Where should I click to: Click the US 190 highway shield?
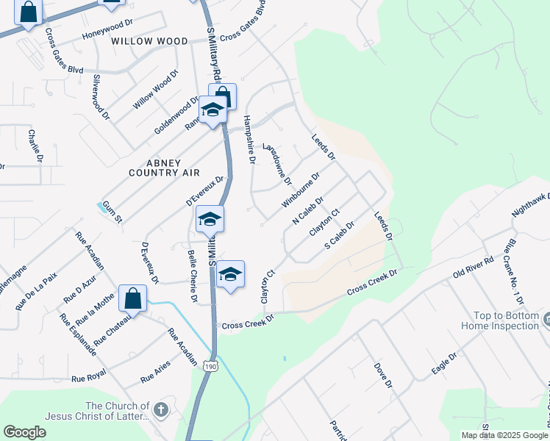tap(211, 366)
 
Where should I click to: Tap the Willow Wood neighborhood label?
tap(150, 41)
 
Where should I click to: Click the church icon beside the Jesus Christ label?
tap(161, 409)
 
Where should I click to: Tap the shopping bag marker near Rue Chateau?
tap(133, 298)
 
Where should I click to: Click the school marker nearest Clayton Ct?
tap(231, 273)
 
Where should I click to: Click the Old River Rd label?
tap(473, 268)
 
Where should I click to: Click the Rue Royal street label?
tap(89, 379)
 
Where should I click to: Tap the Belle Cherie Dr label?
tap(193, 276)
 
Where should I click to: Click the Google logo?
tap(24, 432)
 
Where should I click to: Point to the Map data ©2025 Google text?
tap(504, 435)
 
